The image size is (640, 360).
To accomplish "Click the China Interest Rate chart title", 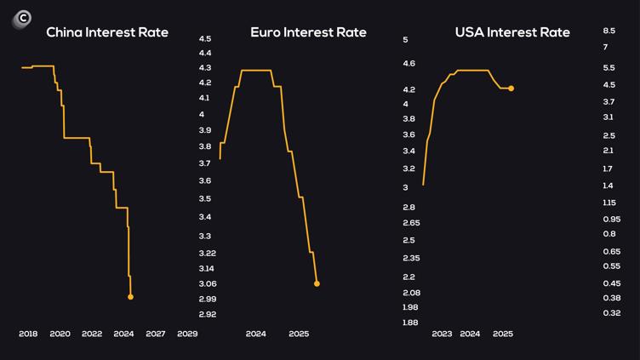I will coord(107,32).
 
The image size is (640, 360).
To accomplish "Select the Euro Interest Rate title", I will coord(308,32).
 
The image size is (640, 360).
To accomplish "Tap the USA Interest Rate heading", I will coord(512,32).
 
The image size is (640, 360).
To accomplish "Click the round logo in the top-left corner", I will coord(21,18).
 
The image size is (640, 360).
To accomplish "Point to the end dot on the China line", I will coord(130,297).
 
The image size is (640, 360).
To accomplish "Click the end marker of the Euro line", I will coord(317,283).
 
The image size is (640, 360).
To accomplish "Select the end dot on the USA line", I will coord(511,89).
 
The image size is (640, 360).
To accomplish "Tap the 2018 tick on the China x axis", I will coord(28,334).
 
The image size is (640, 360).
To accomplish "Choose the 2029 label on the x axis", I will coord(187,334).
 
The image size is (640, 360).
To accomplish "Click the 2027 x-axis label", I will coord(156,334).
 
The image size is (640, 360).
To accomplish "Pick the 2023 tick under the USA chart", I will coord(442,334).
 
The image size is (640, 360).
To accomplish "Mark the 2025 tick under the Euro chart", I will coord(299,334).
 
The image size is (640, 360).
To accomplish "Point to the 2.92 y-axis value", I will coord(207,314).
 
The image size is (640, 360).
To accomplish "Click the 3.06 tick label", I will coord(207,283).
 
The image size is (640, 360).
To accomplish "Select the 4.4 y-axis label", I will coord(205,53).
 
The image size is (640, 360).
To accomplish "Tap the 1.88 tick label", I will coord(409,323).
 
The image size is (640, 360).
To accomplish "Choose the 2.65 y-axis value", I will coord(411,223).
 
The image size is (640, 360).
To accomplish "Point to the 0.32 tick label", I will coord(610,313).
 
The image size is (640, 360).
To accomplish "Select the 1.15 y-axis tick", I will coord(609,202).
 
